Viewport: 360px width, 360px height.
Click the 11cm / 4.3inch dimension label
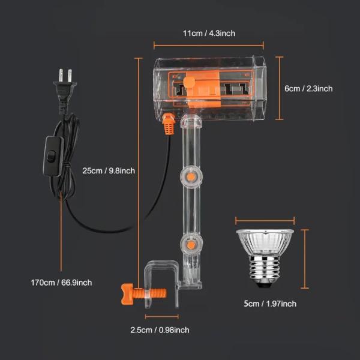209,33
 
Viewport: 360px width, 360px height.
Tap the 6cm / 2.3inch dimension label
308,88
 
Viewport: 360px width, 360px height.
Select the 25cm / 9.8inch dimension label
109,170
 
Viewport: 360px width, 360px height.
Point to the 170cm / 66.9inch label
61,283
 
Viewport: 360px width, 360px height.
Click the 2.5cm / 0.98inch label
160,330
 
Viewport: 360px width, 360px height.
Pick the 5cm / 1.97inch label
270,304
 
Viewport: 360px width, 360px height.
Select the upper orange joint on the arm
191,177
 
